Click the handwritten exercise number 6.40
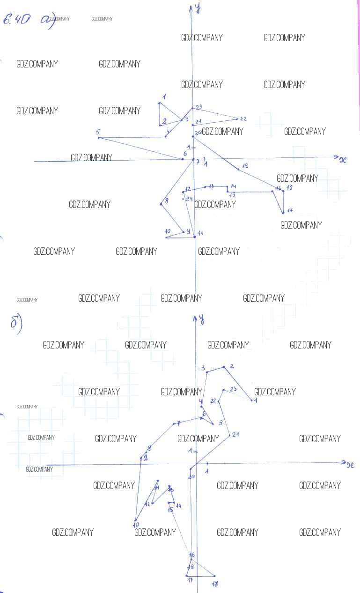click(17, 20)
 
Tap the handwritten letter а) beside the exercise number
click(47, 21)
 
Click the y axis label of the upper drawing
click(198, 8)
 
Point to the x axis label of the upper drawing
click(343, 159)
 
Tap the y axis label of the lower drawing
click(201, 319)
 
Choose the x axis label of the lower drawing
click(350, 465)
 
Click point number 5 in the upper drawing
click(98, 133)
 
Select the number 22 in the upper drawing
click(243, 119)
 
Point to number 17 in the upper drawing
click(290, 210)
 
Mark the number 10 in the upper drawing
click(168, 231)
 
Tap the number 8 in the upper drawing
click(166, 201)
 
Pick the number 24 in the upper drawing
click(190, 199)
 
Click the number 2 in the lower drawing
click(232, 366)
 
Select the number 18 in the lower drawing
click(215, 584)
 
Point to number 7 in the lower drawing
click(178, 423)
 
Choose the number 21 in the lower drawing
click(235, 434)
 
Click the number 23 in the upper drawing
click(199, 107)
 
